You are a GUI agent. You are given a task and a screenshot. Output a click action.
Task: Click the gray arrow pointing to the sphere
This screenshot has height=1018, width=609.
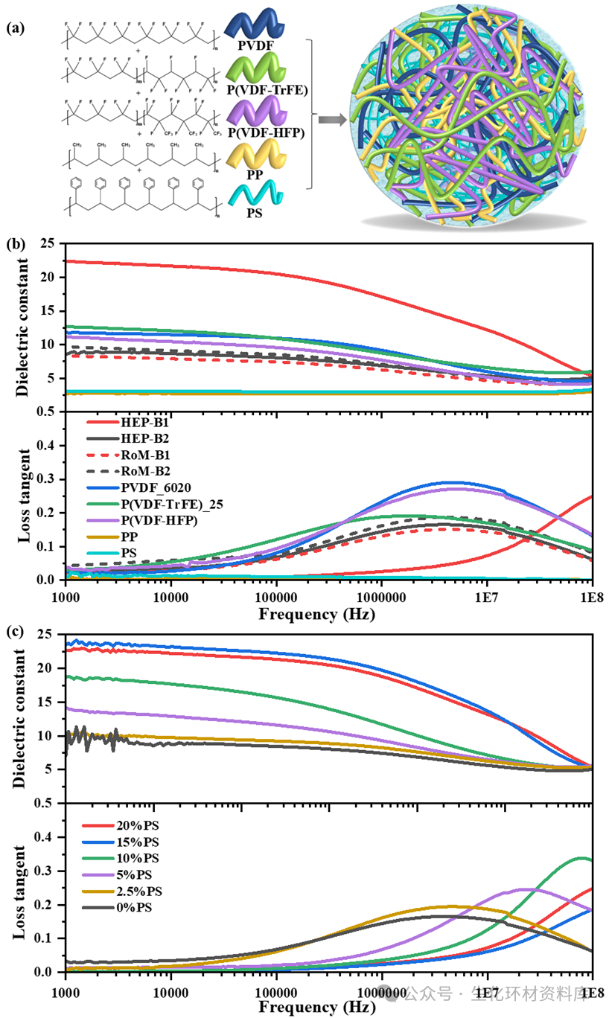coord(331,118)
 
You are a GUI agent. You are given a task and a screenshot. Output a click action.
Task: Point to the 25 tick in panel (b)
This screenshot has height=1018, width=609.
coord(51,243)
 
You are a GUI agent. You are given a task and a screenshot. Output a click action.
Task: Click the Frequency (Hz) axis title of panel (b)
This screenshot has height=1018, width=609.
coord(317,615)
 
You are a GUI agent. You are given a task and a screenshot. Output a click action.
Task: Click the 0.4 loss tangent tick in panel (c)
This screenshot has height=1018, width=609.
coord(49,837)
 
